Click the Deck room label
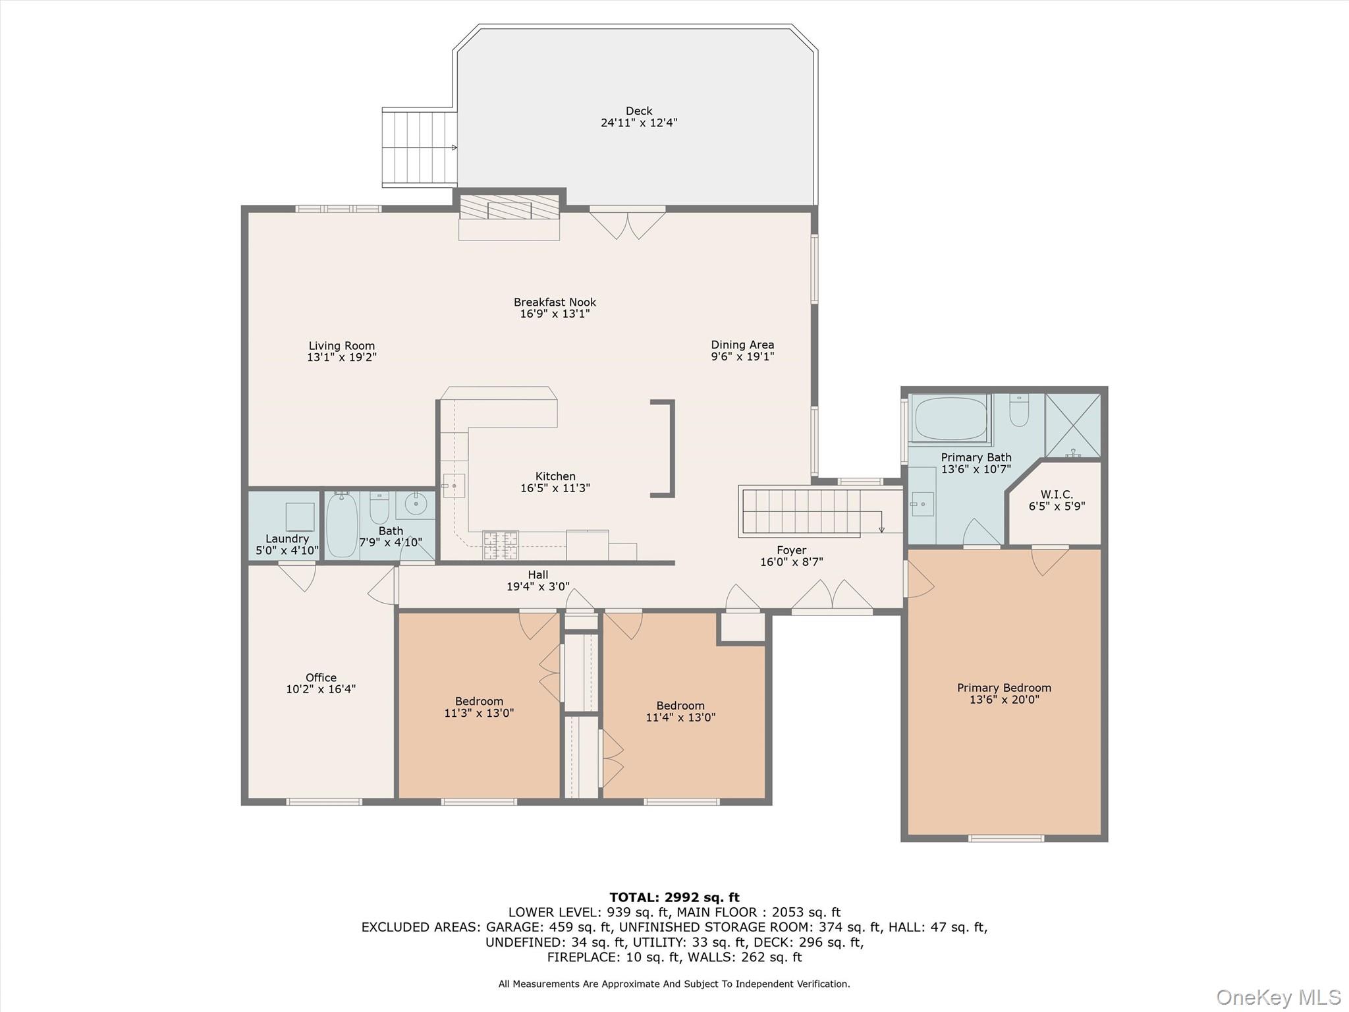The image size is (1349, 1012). click(638, 111)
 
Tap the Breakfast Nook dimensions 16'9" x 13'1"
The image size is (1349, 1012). click(554, 314)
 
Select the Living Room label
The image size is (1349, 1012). click(341, 345)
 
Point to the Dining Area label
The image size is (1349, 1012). click(742, 345)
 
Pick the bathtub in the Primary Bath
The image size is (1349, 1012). click(950, 418)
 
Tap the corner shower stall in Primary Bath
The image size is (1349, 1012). click(1072, 425)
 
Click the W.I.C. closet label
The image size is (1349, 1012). click(1057, 494)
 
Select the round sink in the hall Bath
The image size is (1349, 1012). click(416, 505)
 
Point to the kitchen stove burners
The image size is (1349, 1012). click(500, 546)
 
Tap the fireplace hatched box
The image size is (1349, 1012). click(509, 207)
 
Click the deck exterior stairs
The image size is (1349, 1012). click(420, 148)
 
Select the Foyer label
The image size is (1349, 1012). click(791, 550)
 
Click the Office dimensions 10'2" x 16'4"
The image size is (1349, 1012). click(320, 689)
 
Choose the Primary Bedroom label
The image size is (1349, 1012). click(1004, 688)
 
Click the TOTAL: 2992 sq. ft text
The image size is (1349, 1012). click(674, 897)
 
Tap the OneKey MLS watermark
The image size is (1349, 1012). click(1278, 997)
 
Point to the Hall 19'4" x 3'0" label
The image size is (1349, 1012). click(537, 580)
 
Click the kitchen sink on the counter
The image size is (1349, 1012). click(454, 486)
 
